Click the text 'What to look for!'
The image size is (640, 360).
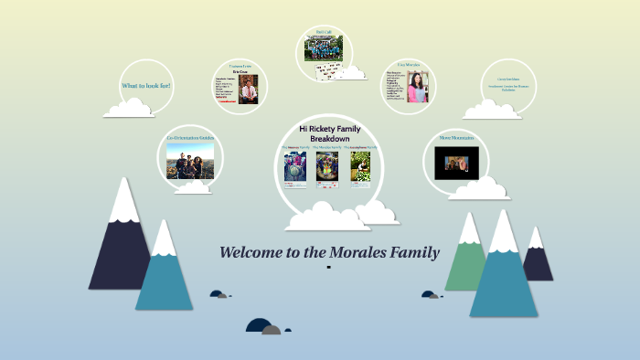[146, 86]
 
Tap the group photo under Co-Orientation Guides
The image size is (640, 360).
[190, 162]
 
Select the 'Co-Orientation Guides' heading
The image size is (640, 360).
[190, 138]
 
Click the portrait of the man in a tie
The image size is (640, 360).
[248, 90]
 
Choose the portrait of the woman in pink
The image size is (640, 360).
[418, 88]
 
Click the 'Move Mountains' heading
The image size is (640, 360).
[457, 137]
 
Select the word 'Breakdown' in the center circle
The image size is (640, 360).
[330, 139]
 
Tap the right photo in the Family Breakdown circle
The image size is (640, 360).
[360, 166]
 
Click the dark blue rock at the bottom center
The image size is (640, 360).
[259, 325]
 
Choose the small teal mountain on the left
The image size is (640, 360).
[164, 274]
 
